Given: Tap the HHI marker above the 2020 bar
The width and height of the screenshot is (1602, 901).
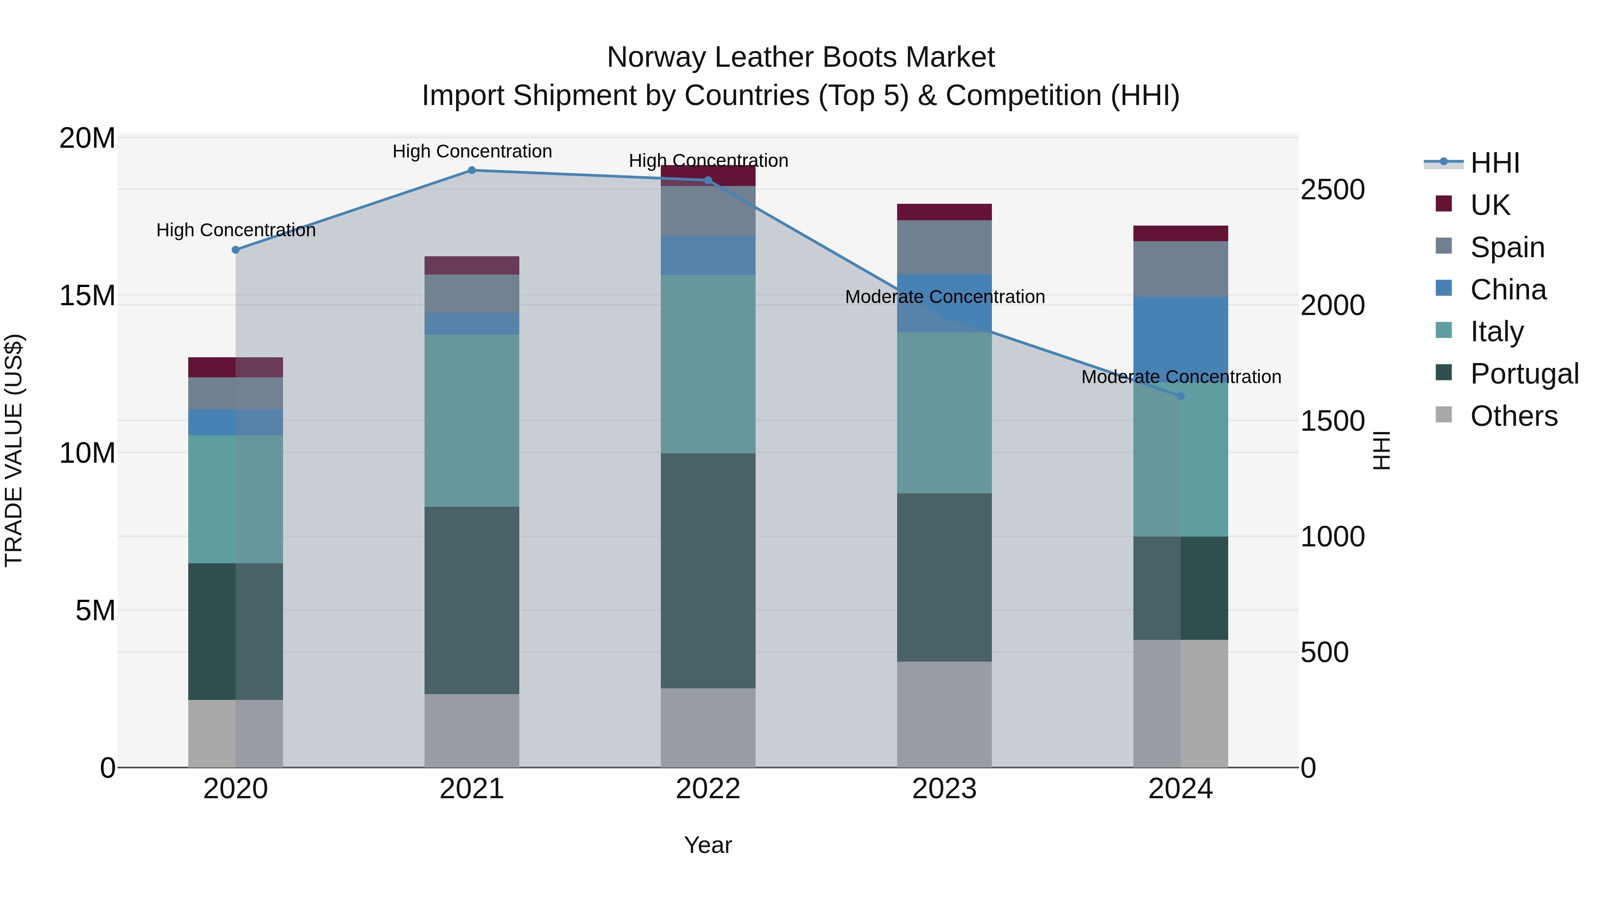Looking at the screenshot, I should [x=236, y=250].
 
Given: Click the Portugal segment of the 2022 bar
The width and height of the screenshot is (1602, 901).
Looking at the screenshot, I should [x=708, y=570].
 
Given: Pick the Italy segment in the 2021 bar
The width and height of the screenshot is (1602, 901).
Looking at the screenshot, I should [x=471, y=420].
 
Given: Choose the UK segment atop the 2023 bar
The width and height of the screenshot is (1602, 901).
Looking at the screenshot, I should [x=944, y=212].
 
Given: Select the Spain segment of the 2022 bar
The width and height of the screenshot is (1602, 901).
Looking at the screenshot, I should [x=708, y=211].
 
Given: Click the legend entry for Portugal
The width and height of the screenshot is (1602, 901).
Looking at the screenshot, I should [x=1524, y=374].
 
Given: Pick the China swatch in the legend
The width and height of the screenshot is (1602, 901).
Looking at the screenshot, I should [x=1444, y=288].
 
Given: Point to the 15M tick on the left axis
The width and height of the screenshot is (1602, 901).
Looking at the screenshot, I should [x=87, y=295].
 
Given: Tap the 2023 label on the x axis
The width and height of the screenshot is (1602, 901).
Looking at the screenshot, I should [x=944, y=789].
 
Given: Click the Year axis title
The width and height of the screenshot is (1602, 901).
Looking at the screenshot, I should [x=708, y=845].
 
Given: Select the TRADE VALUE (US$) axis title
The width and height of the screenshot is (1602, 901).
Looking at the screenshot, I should [x=14, y=450].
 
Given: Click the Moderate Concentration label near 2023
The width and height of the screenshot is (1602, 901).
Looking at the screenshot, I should [x=945, y=297].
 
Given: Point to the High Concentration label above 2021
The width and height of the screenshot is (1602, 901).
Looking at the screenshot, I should [x=472, y=152].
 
